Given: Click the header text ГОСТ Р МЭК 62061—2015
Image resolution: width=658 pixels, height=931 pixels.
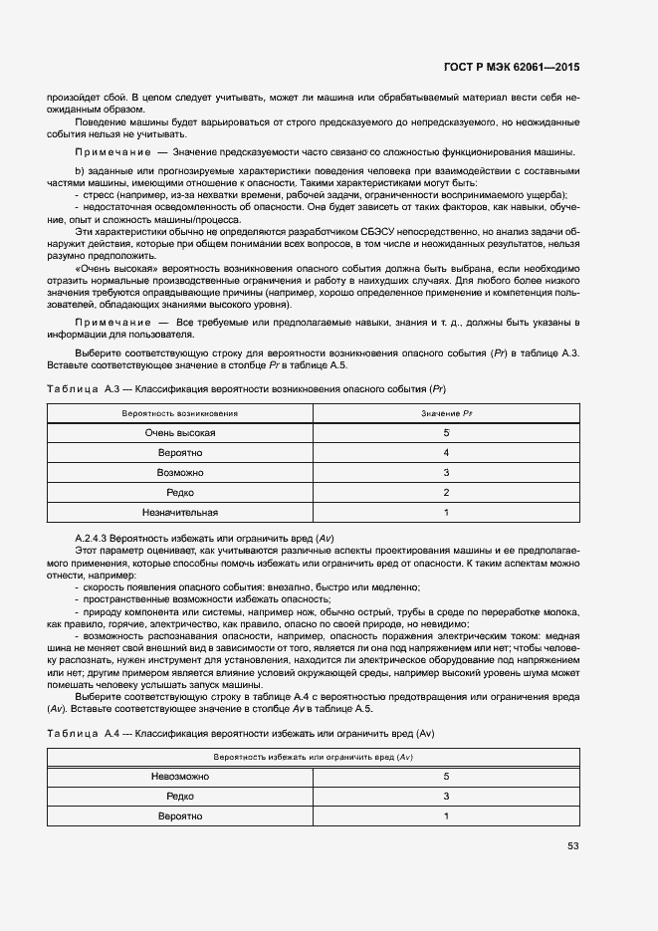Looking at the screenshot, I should coord(511,67).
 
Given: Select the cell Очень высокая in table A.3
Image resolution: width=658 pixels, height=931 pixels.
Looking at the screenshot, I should coord(180,432).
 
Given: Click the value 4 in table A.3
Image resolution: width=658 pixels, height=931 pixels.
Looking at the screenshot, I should coord(447,452).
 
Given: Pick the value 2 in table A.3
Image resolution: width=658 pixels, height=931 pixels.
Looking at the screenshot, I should coord(447,492).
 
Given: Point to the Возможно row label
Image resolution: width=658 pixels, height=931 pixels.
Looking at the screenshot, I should coord(180,472).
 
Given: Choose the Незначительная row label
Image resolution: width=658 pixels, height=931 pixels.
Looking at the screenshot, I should coord(180,512).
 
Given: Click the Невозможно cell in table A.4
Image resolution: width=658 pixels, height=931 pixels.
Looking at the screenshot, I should coord(180,776).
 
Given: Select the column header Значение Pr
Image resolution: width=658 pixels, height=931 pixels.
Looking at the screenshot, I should coord(447,412).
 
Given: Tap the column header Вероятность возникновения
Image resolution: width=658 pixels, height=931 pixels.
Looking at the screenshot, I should coord(180,412).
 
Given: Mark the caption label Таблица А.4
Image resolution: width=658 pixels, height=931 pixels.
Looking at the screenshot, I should coord(74,733).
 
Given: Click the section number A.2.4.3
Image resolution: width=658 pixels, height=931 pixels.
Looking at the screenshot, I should coord(97,538).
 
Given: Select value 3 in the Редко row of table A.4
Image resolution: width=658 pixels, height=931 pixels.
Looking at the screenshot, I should coord(447,796).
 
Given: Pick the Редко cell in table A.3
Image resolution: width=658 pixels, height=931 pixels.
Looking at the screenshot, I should coord(180,492).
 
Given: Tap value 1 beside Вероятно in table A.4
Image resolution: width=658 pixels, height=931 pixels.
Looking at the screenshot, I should coord(447,815).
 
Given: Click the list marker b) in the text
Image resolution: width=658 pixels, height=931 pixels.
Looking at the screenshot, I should coord(80,171).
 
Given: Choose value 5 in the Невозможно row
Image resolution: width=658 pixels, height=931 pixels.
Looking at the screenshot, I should coord(447,776).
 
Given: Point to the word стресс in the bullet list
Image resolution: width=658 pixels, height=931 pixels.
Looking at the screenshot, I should coord(101,195).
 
